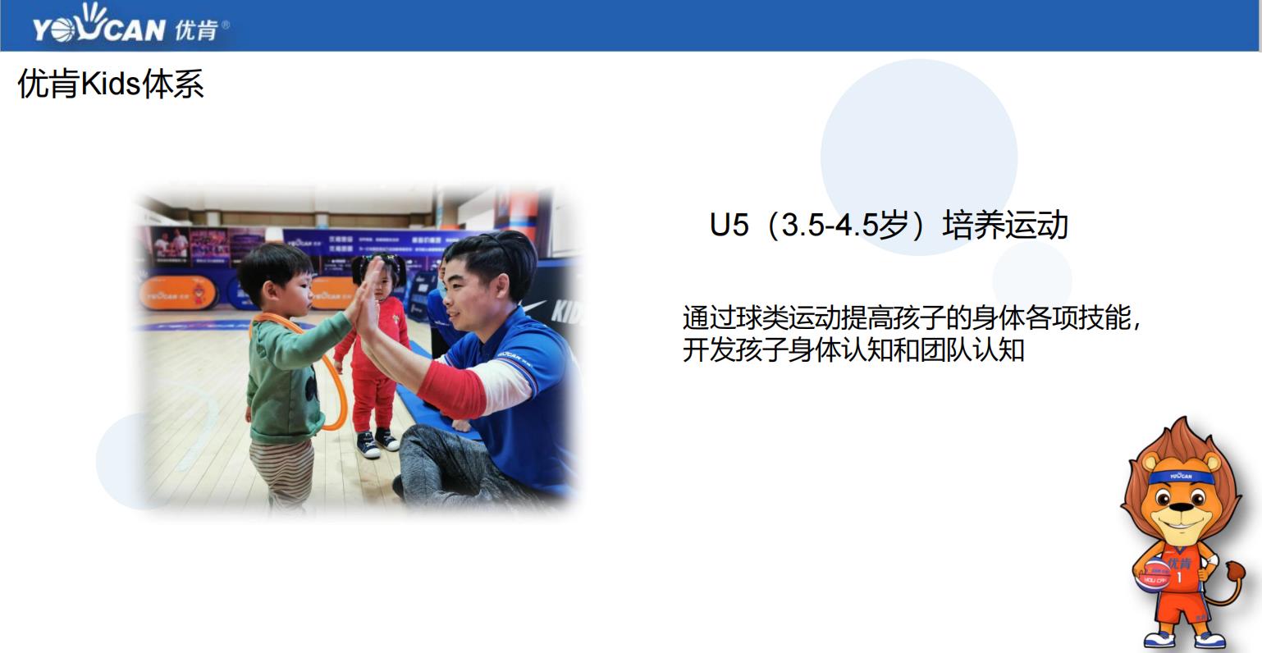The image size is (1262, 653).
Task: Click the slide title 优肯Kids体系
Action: tap(110, 84)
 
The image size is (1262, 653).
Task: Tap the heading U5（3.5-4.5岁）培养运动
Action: tap(889, 225)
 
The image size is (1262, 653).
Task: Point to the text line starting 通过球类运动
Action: tap(911, 317)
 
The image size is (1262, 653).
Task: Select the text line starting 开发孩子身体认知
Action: tap(853, 350)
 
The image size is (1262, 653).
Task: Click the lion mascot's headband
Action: tap(1181, 477)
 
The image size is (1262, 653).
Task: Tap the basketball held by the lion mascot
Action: tap(1151, 574)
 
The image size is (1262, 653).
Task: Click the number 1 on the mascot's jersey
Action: tap(1179, 578)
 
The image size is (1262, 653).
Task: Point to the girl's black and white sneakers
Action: tap(377, 443)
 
